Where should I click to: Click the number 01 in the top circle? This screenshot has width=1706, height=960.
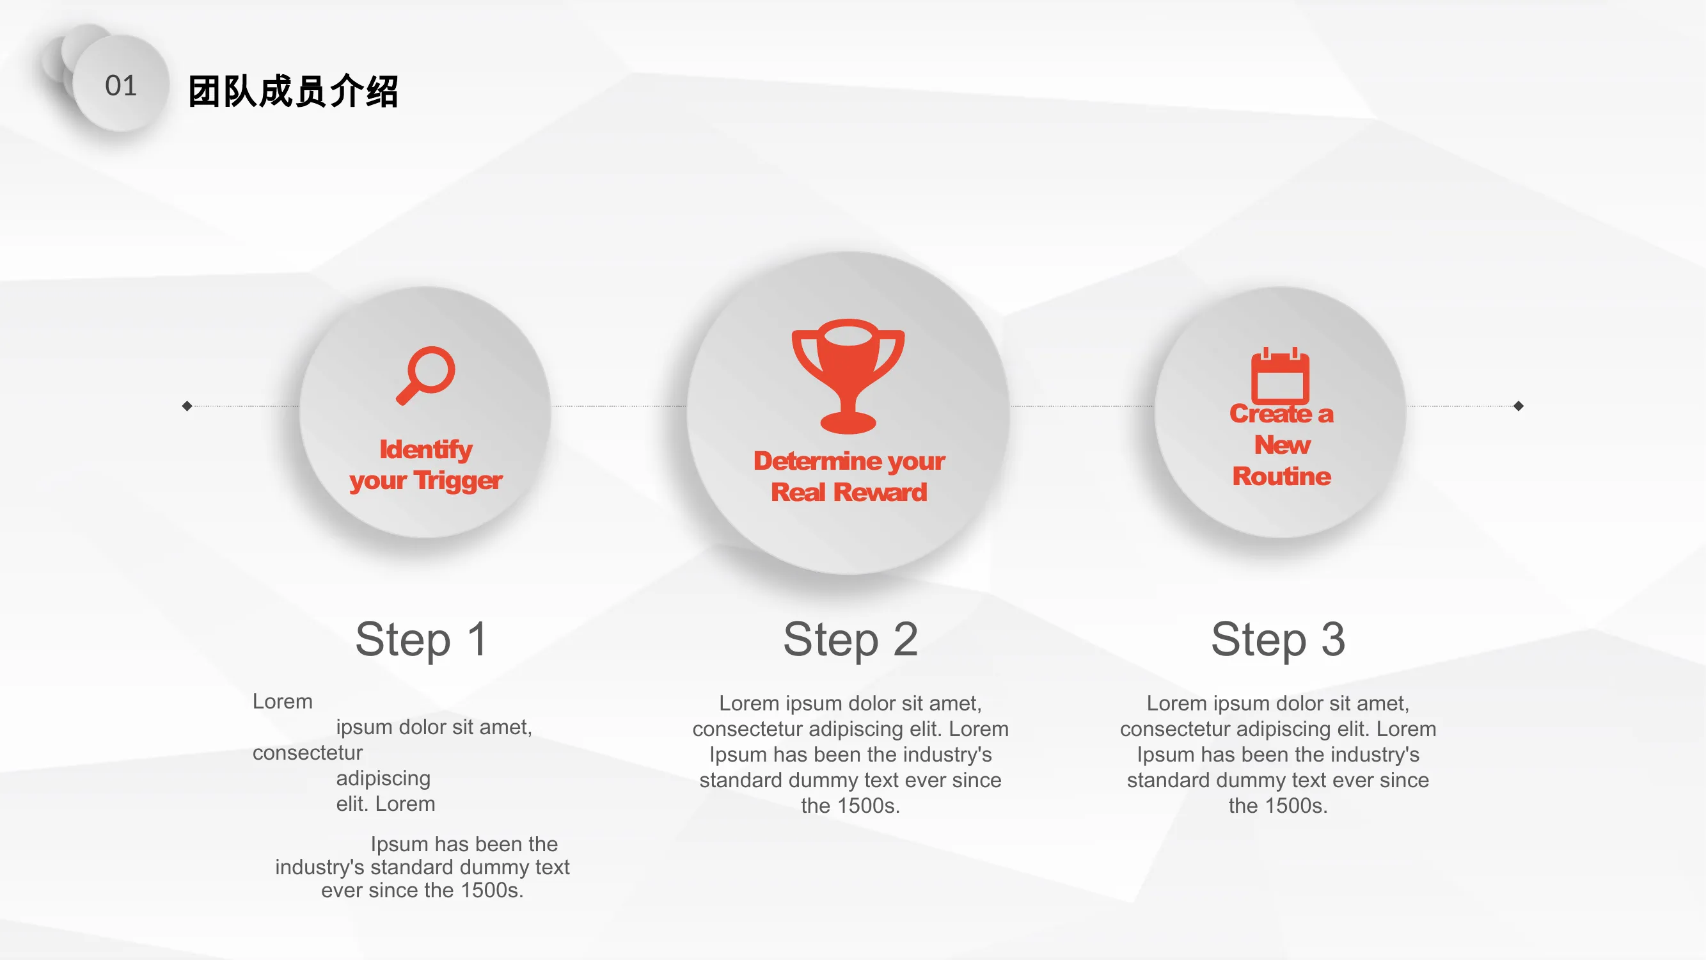click(120, 86)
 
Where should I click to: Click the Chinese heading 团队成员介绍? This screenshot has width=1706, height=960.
click(294, 91)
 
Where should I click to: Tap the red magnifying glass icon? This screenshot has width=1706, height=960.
click(426, 375)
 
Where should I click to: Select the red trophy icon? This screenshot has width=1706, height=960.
click(848, 376)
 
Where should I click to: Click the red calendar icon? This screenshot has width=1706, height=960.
click(1280, 376)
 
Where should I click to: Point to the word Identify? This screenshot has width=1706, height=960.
click(426, 449)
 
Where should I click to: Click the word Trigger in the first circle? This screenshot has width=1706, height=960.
click(458, 481)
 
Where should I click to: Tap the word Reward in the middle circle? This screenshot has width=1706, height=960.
click(880, 492)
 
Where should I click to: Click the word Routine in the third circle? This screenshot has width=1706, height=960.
click(1281, 476)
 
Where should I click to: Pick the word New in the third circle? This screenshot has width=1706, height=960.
click(1282, 445)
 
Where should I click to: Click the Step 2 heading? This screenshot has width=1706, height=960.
click(850, 639)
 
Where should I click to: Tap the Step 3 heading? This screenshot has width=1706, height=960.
click(1278, 639)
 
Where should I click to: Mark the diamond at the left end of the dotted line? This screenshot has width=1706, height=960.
click(187, 406)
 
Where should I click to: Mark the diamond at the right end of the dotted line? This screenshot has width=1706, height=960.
click(1519, 406)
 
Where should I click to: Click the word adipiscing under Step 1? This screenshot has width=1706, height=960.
click(383, 778)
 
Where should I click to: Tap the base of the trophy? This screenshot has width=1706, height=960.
click(848, 421)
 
